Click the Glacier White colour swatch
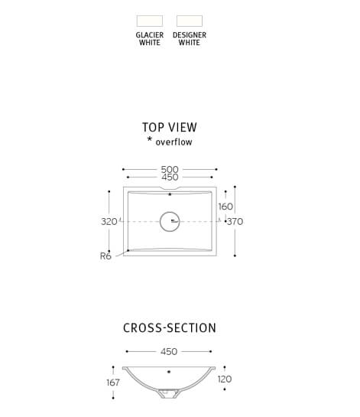(x=150, y=21)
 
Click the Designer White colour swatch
(x=190, y=21)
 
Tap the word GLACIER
(x=150, y=35)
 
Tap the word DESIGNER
(x=190, y=35)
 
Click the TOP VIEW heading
(x=170, y=127)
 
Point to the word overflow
(x=174, y=142)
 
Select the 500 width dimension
(x=170, y=169)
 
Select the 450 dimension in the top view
(x=170, y=177)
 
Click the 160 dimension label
(x=225, y=207)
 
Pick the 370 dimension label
(x=235, y=221)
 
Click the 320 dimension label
(x=109, y=222)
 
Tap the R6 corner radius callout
(x=105, y=256)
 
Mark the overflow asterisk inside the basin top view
(x=170, y=194)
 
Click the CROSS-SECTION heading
(x=170, y=328)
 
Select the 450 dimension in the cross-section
(x=169, y=351)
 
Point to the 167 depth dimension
(x=113, y=383)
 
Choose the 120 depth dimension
(x=225, y=379)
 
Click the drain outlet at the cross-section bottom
(x=169, y=393)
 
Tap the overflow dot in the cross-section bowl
(x=169, y=372)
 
